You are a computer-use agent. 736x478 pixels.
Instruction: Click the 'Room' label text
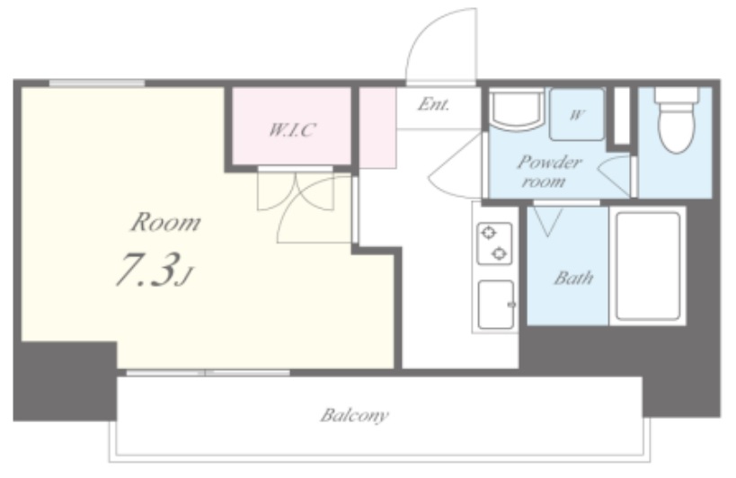165,222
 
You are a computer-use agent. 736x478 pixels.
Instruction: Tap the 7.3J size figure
155,270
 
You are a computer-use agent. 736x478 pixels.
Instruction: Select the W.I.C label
292,129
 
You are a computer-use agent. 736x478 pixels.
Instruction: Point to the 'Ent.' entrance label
434,103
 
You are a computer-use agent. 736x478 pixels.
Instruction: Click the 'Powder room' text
549,172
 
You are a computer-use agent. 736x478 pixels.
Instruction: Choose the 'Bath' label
573,278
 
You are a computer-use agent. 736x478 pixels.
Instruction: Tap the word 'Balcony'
354,415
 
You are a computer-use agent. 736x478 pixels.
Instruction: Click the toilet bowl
677,120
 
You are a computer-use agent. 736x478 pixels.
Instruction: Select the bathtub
648,265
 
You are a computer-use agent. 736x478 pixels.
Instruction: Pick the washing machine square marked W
577,114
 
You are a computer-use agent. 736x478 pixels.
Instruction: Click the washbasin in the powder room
517,111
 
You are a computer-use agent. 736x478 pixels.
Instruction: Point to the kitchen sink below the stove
496,305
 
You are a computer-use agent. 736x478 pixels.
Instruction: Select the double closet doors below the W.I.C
296,190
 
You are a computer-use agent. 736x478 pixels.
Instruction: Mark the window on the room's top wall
97,84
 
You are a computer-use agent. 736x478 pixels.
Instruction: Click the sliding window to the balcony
208,373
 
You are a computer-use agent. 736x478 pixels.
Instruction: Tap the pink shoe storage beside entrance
377,128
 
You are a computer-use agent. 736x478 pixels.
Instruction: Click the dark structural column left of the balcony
65,381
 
